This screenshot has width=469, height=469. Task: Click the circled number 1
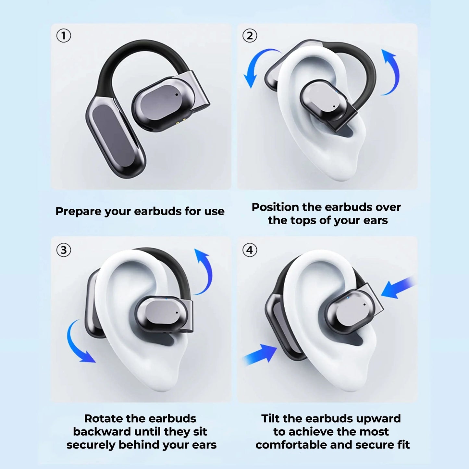click(64, 35)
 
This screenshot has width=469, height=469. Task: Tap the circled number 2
click(250, 35)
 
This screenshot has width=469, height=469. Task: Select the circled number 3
click(64, 250)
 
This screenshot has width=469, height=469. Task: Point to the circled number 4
click(250, 250)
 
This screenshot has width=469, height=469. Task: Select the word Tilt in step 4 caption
click(271, 418)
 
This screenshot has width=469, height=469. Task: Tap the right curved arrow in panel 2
click(391, 71)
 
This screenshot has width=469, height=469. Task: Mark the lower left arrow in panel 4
click(260, 354)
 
